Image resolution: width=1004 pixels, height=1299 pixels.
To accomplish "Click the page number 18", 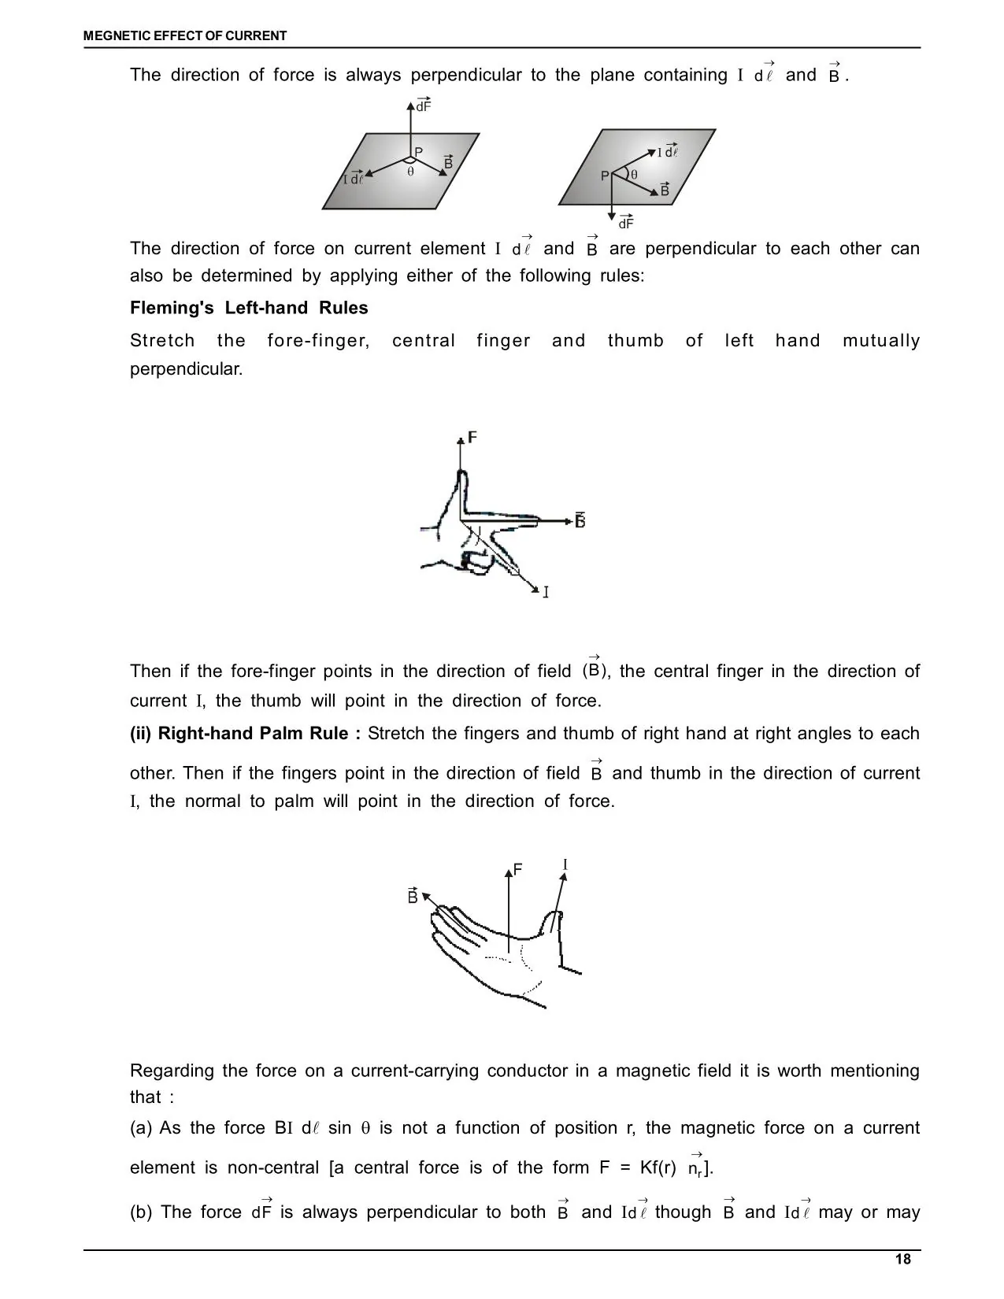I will pos(902,1260).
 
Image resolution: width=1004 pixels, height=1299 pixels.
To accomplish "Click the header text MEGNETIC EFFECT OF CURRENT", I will pos(185,35).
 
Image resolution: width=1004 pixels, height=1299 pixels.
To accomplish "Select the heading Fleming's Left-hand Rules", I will pos(249,308).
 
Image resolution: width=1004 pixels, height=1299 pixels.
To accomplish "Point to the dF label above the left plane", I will pos(424,106).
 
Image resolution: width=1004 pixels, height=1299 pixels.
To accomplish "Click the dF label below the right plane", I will pos(626,222).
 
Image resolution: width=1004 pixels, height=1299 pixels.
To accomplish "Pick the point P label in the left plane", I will pos(419,153).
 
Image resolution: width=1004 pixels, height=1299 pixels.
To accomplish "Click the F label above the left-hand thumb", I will pos(472,437).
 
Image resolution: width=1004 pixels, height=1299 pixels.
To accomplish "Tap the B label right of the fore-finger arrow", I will pos(580,520).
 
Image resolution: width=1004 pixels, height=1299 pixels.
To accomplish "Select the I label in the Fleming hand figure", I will pos(546,591).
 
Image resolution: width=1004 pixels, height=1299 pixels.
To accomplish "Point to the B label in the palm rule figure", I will pos(413,895).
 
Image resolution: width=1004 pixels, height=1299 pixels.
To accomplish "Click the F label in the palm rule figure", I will pos(517,869).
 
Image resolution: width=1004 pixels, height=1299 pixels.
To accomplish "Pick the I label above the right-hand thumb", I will pos(565,865).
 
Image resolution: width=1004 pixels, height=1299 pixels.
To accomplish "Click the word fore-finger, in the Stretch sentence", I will pos(318,341).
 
